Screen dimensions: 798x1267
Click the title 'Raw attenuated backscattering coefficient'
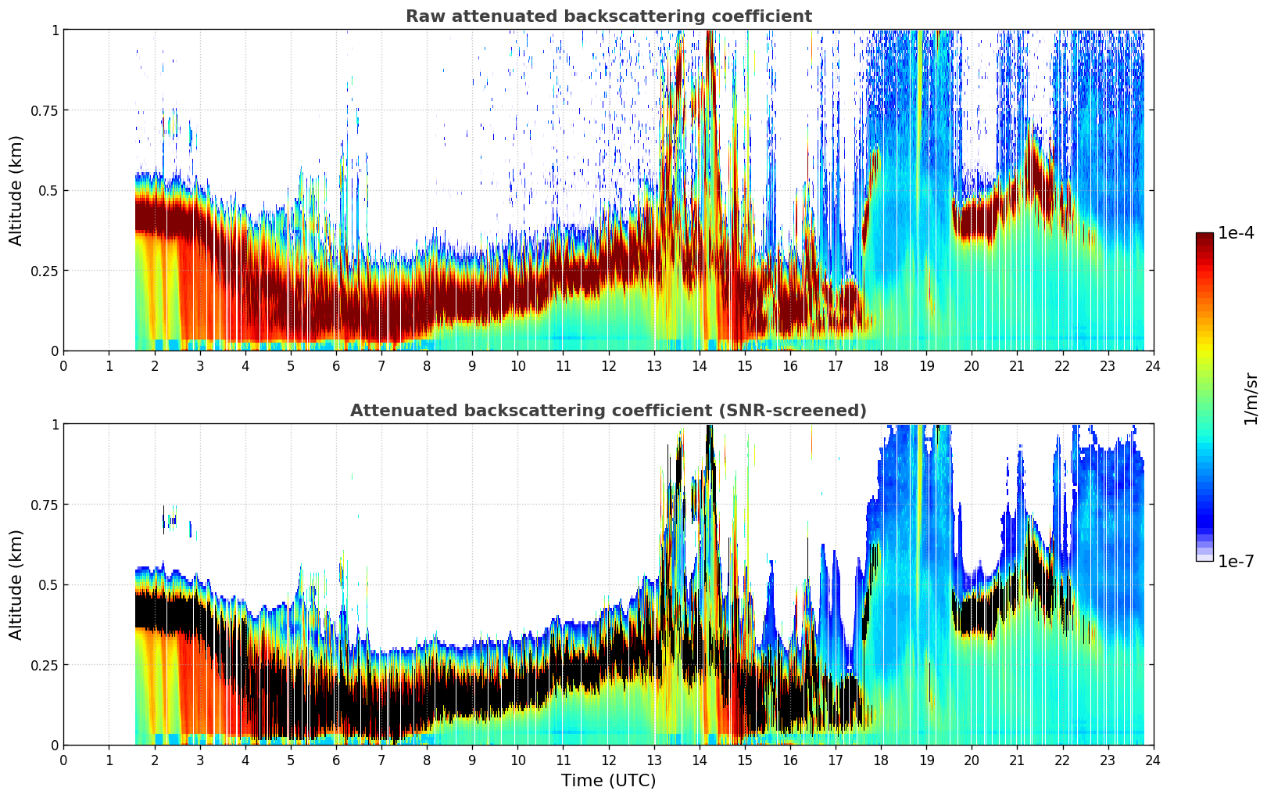click(608, 16)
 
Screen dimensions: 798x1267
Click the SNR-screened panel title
click(608, 411)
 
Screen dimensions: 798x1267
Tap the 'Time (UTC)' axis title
click(608, 780)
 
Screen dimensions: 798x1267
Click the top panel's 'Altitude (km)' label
click(16, 190)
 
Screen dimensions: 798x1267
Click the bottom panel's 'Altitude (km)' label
click(16, 584)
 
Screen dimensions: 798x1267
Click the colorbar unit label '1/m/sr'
click(1251, 398)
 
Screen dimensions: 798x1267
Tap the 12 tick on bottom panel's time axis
click(609, 760)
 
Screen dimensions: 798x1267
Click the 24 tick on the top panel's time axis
click(1153, 366)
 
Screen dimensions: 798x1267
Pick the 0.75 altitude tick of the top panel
click(45, 110)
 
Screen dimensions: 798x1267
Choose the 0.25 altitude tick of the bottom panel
click(45, 665)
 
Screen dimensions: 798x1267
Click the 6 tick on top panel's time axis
click(336, 366)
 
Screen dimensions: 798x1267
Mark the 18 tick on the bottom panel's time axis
click(881, 760)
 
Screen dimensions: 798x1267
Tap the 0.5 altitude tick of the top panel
click(48, 190)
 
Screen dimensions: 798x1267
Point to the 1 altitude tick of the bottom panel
click(55, 424)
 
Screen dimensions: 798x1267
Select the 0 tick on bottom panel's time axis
click(64, 760)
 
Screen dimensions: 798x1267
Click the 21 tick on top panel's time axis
click(1017, 366)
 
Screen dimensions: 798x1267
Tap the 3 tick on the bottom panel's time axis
click(200, 760)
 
